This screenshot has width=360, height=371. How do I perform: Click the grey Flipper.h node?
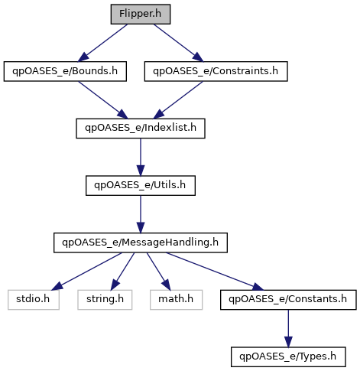(141, 15)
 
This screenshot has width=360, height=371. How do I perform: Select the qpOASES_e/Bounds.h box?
(65, 71)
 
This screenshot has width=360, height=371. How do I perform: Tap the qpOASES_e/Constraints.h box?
(216, 71)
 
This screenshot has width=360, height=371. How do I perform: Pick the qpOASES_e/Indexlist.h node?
(141, 129)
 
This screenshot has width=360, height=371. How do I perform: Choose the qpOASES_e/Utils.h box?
(141, 186)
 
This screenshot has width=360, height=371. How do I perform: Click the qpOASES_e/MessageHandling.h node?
(141, 242)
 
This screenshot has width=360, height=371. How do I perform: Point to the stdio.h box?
(34, 300)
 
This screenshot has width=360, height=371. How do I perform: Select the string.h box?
(105, 300)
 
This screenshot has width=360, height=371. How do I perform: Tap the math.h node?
(176, 300)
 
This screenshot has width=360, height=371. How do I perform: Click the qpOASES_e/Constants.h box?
(288, 300)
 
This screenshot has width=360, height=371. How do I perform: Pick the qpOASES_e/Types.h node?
(288, 357)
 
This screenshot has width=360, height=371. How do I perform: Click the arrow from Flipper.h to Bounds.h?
(102, 43)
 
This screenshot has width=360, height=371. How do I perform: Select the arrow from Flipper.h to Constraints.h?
(179, 43)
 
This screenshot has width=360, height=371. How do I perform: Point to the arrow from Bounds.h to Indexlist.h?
(102, 100)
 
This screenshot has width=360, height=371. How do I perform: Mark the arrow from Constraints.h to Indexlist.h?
(178, 100)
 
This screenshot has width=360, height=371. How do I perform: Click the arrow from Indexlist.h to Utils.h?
(141, 157)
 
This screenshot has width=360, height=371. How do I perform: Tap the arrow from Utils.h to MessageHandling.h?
(141, 214)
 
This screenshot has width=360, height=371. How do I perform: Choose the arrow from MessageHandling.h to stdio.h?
(86, 272)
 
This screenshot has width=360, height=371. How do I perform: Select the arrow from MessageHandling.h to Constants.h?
(215, 272)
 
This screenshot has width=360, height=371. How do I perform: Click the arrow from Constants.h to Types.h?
(288, 328)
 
